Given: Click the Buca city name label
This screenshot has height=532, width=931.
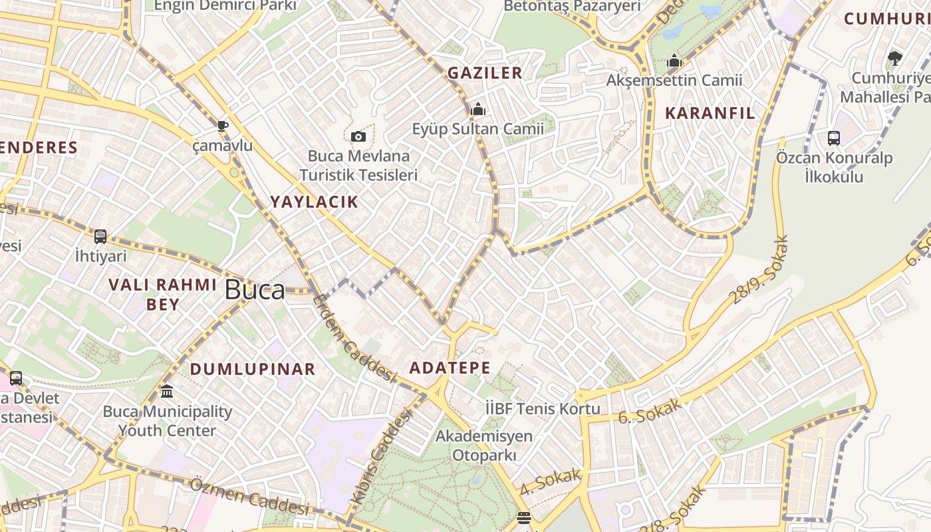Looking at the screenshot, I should pos(255,290).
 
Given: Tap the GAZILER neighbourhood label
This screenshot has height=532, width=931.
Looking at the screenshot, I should pos(485,73).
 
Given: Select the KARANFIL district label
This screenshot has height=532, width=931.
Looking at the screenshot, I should pos(710,113).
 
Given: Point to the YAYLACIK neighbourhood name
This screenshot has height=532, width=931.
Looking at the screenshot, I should pos(314,202).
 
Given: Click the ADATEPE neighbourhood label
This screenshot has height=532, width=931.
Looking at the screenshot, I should pos(450,368).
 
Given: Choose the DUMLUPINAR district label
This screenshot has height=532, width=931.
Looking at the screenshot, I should pos(253,369).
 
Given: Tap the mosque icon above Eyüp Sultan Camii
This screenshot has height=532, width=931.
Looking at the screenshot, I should pos(477,108).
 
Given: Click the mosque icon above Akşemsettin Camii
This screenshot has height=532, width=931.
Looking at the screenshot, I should pos(674,61).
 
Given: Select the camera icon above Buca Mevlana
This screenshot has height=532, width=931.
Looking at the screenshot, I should pos(358,136).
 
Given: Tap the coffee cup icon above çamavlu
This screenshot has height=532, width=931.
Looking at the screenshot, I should pos(222,126).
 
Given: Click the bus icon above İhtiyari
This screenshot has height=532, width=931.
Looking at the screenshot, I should pos(100,236).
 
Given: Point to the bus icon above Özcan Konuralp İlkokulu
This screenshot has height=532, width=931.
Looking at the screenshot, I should pos(833,138).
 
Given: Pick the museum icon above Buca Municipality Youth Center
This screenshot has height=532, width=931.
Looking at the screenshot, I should pos(167,392).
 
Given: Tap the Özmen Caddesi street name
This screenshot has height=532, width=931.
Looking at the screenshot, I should pos(249,497).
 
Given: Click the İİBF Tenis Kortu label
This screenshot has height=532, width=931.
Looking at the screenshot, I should pos(543,408).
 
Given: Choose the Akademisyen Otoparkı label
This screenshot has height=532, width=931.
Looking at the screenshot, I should pos(484,446).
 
